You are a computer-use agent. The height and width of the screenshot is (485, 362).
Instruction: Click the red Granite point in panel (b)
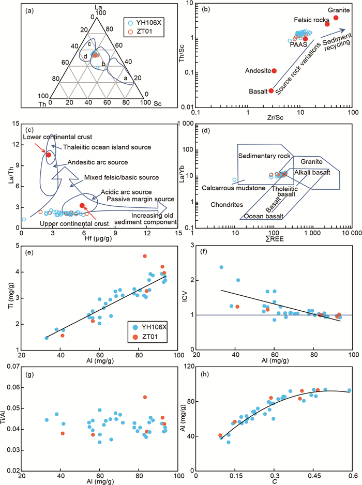tap(335, 18)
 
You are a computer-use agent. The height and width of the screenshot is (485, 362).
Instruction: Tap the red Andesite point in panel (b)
tap(274, 70)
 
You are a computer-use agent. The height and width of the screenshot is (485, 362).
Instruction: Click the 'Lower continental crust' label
tap(50, 137)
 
